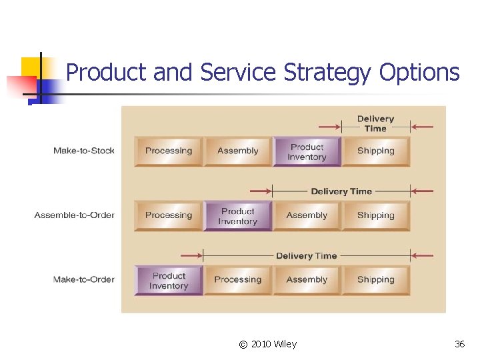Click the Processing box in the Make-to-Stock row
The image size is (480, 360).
pos(169,151)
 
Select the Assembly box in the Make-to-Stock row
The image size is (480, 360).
pos(238,151)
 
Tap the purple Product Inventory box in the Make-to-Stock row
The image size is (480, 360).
pos(307,152)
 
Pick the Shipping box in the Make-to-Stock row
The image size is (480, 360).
pos(376,151)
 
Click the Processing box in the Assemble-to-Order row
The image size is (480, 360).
pos(169,215)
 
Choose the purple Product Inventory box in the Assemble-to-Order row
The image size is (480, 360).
pos(238,216)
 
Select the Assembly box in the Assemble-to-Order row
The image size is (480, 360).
pos(307,215)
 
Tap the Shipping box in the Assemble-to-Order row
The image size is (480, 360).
pos(376,215)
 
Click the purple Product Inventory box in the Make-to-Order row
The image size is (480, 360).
pos(169,281)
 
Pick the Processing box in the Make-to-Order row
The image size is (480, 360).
pos(238,280)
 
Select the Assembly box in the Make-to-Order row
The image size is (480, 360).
pos(307,280)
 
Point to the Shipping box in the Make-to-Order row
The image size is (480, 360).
pos(376,280)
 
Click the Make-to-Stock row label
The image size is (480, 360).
pos(84,151)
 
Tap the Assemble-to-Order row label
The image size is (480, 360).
pos(75,215)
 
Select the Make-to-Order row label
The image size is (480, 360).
pos(84,279)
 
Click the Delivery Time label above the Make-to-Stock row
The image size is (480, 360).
pos(375,123)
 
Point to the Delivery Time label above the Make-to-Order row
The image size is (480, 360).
pos(306,256)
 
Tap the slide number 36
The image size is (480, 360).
pos(459,344)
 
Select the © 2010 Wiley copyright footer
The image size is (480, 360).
pos(268,344)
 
